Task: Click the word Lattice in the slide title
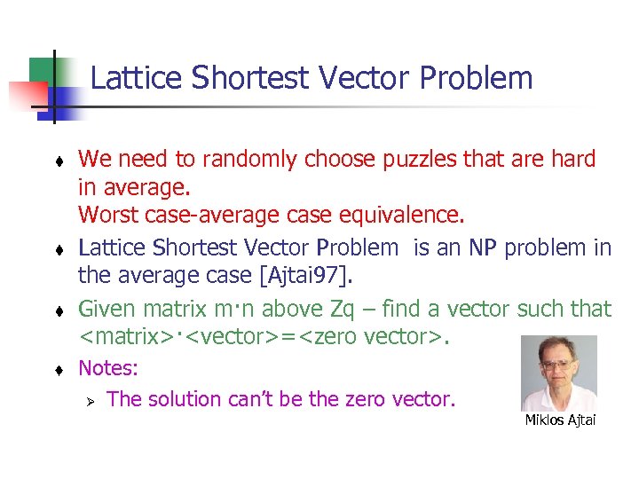click(x=132, y=78)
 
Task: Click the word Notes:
click(x=109, y=367)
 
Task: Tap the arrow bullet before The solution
click(x=89, y=400)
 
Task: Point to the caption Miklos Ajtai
click(x=560, y=420)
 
